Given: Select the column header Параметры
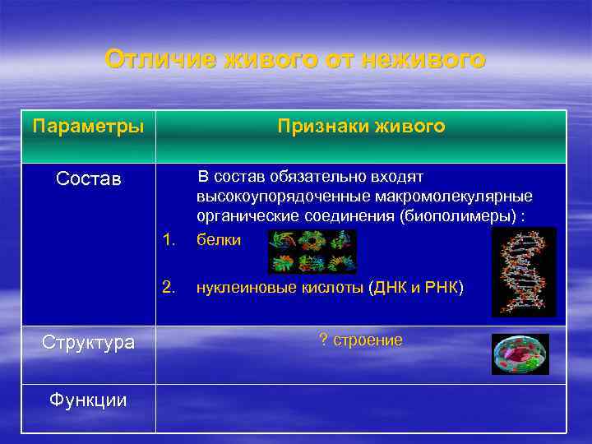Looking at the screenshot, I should [88, 127].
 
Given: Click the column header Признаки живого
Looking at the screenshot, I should [361, 127].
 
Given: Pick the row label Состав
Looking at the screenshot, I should [88, 178].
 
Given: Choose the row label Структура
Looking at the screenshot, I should [88, 342].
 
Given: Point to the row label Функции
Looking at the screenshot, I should [88, 400].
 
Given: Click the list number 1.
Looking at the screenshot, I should [169, 239].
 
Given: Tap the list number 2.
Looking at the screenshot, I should [169, 287].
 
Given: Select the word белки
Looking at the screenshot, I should [219, 240].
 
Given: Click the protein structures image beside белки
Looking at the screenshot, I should [312, 251].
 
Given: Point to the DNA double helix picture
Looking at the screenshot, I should [524, 272].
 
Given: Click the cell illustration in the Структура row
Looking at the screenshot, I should [520, 354].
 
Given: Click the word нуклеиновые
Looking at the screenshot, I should [238, 288].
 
